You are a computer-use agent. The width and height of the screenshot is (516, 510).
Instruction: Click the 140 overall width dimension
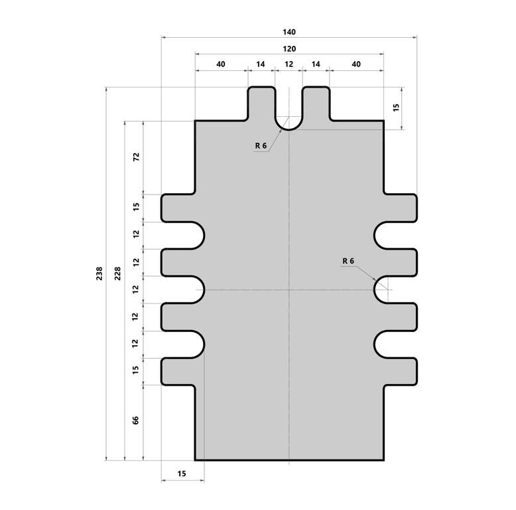coord(289,32)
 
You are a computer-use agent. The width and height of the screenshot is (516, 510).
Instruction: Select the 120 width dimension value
coord(289,49)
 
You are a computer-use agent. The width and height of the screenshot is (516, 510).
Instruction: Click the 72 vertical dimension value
coord(136,157)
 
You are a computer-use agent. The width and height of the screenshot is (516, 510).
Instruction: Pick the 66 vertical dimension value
coord(136,421)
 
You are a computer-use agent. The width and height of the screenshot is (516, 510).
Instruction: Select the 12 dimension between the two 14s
coord(289,64)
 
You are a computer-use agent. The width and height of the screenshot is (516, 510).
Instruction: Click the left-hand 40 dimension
coord(221,64)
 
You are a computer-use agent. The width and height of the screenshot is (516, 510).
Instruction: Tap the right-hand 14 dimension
coord(316,64)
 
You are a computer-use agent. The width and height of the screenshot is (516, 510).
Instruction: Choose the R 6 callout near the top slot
coord(260,145)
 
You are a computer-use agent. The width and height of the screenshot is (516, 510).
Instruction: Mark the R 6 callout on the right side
coord(349,261)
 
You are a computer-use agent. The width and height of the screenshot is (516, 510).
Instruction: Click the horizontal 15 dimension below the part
coord(182,473)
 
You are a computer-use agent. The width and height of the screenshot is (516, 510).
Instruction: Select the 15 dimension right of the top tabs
coord(396,107)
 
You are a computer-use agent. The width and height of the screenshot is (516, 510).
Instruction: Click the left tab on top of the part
coord(261,104)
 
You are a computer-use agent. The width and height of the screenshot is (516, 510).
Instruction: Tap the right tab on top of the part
coord(316,104)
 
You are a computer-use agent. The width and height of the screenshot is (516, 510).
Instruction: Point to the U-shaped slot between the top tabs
coord(289,113)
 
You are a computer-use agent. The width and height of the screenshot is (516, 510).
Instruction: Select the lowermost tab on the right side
coord(399,371)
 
